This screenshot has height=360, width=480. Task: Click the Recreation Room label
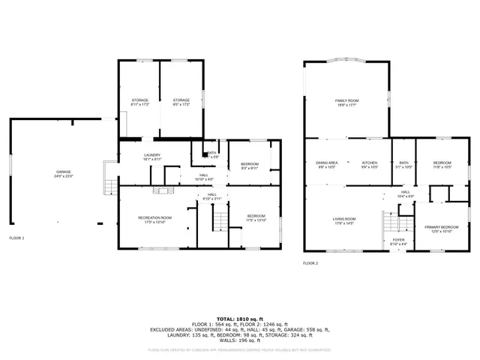click(154, 219)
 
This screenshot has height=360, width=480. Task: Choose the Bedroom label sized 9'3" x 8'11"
click(250, 166)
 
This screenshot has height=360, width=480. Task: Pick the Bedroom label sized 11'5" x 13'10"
click(256, 219)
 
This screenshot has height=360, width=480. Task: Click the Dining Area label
click(326, 164)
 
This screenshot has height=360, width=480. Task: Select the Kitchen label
click(370, 164)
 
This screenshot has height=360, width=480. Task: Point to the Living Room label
click(344, 220)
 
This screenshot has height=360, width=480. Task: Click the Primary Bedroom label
click(441, 228)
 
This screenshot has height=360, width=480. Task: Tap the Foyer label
click(399, 241)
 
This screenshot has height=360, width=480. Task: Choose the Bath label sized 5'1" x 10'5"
click(403, 164)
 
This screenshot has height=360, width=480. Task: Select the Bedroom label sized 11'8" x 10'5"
click(442, 164)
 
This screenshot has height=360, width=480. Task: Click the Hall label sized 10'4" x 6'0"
click(405, 194)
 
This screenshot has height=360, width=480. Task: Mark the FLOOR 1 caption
click(16, 238)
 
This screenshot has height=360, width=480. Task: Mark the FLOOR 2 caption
click(310, 263)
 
